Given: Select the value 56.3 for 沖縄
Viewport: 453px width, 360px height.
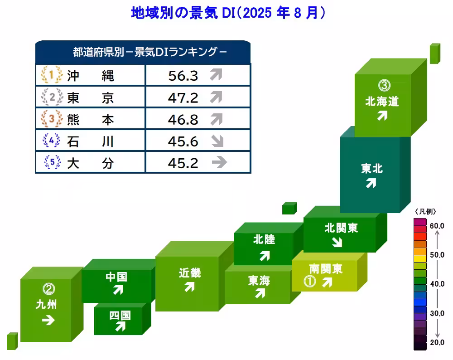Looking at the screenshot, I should tap(183, 75).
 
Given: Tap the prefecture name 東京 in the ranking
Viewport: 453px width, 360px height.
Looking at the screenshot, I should tap(90, 97).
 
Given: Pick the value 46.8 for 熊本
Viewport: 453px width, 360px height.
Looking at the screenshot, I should tap(183, 119).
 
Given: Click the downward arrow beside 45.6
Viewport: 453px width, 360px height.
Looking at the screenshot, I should tap(218, 141).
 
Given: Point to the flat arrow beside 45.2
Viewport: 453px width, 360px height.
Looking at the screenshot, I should tap(219, 162).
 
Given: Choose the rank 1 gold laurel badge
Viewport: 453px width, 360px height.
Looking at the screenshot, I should tap(51, 75).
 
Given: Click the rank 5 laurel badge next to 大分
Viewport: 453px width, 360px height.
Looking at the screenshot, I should tap(51, 162).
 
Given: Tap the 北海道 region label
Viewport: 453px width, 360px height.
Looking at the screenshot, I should tap(382, 101).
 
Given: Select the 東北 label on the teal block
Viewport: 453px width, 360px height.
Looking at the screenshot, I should tap(372, 169).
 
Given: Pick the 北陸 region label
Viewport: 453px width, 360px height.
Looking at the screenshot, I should tap(264, 239).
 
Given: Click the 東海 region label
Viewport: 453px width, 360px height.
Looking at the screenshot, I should tap(259, 281).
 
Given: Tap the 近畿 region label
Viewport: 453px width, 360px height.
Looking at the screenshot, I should tap(189, 273).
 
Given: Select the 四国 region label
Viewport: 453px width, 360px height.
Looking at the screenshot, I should tap(120, 315).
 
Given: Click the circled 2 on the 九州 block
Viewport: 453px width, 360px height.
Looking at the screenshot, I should tap(48, 288).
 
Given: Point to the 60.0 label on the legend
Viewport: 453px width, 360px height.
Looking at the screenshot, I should tap(437, 225).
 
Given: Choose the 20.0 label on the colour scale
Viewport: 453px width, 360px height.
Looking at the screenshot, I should tap(437, 342).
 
